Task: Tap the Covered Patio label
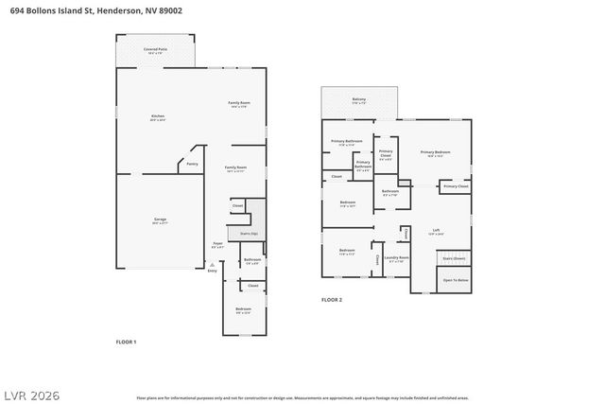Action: click(x=156, y=49)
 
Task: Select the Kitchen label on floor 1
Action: click(x=158, y=116)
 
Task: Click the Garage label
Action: click(x=161, y=220)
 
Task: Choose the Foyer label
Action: click(x=217, y=243)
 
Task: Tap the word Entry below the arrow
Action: click(x=212, y=271)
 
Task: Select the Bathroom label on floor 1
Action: click(x=252, y=260)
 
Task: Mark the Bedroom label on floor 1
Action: click(x=243, y=308)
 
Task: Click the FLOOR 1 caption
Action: click(x=126, y=341)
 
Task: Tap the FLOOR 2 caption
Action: click(x=332, y=299)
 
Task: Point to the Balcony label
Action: click(x=359, y=98)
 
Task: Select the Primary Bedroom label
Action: click(x=435, y=151)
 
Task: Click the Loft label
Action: click(x=436, y=231)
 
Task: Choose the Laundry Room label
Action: click(x=398, y=257)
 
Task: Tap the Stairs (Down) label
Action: click(x=454, y=257)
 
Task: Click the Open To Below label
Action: click(x=456, y=280)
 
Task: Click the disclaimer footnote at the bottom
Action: click(x=302, y=397)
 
